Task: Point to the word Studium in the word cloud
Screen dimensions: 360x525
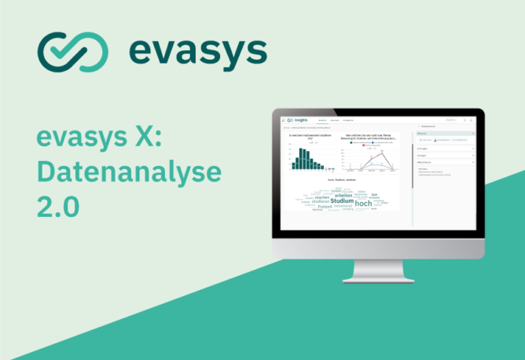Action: click(x=342, y=201)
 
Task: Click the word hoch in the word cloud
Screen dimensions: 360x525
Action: click(x=363, y=203)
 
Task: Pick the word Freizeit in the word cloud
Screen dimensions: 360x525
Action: click(x=325, y=206)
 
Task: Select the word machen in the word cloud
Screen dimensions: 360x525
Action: click(x=323, y=197)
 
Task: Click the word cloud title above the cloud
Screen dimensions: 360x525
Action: click(x=343, y=180)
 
